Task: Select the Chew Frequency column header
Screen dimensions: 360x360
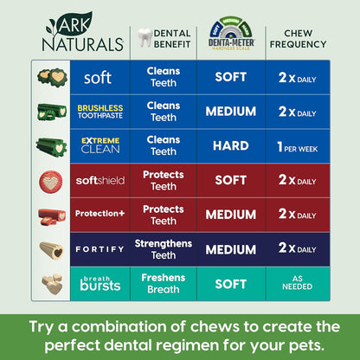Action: (x=303, y=38)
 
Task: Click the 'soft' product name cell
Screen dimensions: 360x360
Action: (x=98, y=77)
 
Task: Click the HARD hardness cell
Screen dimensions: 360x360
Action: (x=231, y=145)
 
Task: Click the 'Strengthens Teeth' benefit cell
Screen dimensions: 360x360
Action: (x=163, y=248)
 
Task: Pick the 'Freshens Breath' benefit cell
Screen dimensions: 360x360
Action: (x=163, y=283)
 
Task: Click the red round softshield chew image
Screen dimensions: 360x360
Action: (x=50, y=181)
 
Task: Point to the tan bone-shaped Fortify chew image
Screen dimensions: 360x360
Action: (x=50, y=249)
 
